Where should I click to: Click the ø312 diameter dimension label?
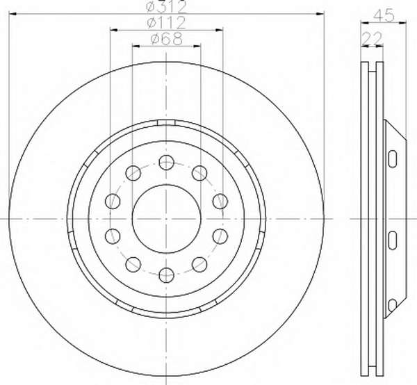(x=167, y=7)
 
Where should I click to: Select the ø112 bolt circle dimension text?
(x=167, y=23)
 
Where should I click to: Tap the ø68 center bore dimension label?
(x=167, y=39)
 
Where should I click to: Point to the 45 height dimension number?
(x=384, y=15)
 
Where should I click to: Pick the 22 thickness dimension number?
(x=373, y=39)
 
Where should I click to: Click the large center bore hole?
(x=167, y=218)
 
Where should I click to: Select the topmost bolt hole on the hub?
(x=167, y=162)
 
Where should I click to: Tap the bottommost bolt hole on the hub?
(x=167, y=275)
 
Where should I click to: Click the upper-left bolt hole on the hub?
(x=133, y=173)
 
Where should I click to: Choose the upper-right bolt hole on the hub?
(x=199, y=173)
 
